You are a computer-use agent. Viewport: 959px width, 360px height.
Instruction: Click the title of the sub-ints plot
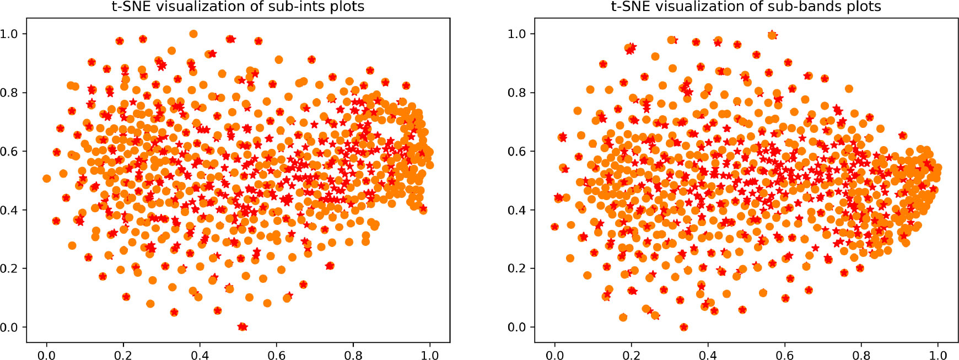(238, 7)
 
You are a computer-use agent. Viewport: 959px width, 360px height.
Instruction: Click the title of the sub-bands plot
(746, 7)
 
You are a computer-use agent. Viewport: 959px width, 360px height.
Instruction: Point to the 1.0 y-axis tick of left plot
(9, 34)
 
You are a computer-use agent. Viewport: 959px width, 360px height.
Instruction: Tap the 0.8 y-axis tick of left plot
(9, 93)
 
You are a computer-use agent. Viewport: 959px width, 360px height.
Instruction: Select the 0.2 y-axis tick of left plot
(9, 268)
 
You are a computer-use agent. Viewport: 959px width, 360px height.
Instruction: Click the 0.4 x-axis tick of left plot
(200, 355)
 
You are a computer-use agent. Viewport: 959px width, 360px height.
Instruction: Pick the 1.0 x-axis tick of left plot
(430, 355)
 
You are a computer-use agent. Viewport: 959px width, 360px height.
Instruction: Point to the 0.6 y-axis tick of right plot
(517, 151)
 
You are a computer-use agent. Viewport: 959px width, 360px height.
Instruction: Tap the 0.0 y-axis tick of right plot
(517, 327)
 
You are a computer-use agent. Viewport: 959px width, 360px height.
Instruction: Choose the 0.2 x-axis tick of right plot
(631, 355)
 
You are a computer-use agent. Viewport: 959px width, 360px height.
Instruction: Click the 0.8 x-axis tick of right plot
(861, 355)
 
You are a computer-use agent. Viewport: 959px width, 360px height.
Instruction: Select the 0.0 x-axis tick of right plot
(554, 355)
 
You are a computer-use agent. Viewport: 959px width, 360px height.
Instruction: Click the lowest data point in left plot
(242, 327)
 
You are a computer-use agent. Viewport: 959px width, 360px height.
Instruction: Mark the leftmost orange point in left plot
(47, 179)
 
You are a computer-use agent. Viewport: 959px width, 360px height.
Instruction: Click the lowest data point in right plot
(684, 327)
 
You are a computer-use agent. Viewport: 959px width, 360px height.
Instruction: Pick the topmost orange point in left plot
(193, 34)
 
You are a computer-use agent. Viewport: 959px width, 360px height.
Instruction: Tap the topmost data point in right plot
(772, 35)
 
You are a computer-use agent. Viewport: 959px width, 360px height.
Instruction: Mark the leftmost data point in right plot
(554, 227)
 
